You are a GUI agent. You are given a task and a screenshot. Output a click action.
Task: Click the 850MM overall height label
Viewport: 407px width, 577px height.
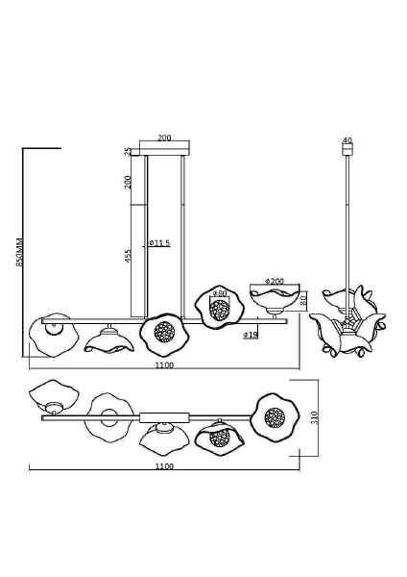tap(19, 252)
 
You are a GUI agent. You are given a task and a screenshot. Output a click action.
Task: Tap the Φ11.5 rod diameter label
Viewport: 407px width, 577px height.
tap(159, 243)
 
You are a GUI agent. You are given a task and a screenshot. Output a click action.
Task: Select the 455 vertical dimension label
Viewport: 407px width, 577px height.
tap(129, 257)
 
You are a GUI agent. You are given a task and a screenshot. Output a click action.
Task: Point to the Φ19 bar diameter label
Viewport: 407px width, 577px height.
tap(251, 335)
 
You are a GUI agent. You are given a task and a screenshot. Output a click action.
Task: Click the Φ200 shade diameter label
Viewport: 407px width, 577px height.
tap(275, 281)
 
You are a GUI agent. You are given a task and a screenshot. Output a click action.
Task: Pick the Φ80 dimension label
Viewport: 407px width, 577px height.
tap(219, 293)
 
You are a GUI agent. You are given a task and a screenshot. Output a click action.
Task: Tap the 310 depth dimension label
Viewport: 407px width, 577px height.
tap(314, 416)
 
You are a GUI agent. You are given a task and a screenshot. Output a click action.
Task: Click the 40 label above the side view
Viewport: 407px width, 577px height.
tap(347, 140)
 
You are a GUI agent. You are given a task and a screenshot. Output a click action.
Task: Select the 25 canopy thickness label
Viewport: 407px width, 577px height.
tap(128, 152)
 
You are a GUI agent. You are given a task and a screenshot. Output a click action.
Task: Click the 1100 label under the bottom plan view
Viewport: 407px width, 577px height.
tap(164, 466)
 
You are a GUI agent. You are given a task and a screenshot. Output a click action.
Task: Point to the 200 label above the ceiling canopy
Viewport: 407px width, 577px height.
tap(164, 138)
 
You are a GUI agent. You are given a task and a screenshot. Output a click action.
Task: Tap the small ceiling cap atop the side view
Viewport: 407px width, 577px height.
tap(347, 149)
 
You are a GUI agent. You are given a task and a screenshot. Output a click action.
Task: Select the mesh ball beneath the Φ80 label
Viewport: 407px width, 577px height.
tap(219, 309)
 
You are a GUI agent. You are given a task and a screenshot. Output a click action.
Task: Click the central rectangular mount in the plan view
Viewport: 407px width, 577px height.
tap(164, 417)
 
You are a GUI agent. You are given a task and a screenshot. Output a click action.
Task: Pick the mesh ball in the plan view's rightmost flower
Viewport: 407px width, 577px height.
tap(275, 417)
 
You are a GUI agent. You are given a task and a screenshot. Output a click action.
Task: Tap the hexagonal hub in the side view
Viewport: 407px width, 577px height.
tap(347, 323)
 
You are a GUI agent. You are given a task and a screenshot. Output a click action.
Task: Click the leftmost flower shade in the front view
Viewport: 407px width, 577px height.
tap(54, 335)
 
